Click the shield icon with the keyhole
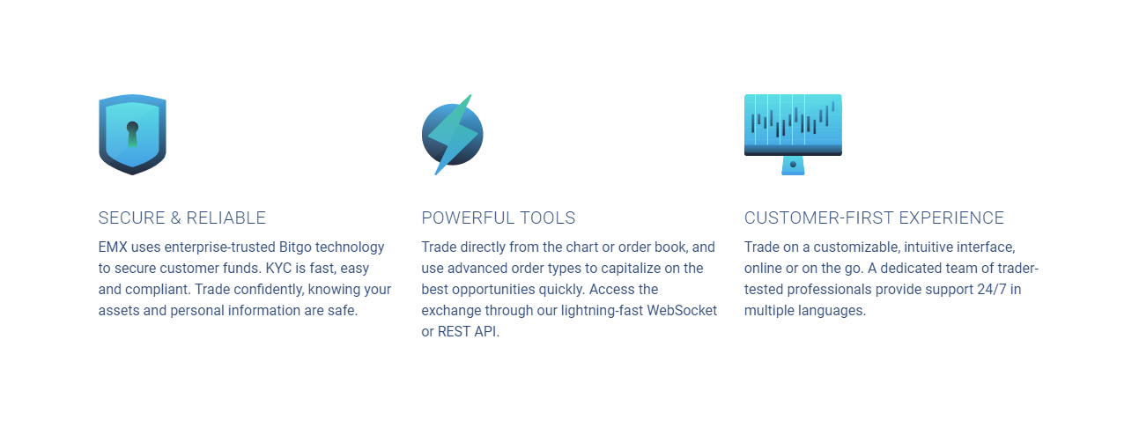coord(132,134)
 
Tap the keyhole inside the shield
coord(132,134)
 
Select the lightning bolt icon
coord(452,134)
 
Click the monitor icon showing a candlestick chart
coord(793,134)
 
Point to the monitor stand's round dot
coord(793,164)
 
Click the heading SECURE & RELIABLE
coord(182,218)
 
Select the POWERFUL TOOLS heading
coord(499,218)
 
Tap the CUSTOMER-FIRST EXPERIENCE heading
coord(874,218)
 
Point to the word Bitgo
coord(295,247)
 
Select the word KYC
coord(278,268)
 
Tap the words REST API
coord(469,331)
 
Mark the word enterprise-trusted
coord(219,247)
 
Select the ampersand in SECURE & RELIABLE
coord(176,218)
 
